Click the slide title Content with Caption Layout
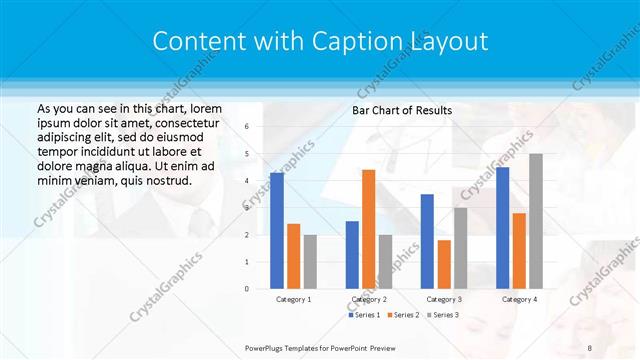click(x=320, y=41)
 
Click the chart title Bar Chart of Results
click(x=401, y=110)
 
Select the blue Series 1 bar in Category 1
click(x=277, y=231)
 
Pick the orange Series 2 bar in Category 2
click(x=368, y=229)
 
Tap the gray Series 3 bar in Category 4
click(x=536, y=221)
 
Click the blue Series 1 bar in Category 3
click(x=427, y=241)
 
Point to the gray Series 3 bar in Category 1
click(x=310, y=261)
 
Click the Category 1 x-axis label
click(x=293, y=299)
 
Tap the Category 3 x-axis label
click(x=443, y=299)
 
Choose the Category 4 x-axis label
click(x=518, y=299)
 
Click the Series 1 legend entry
click(x=364, y=315)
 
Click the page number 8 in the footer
click(x=590, y=346)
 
